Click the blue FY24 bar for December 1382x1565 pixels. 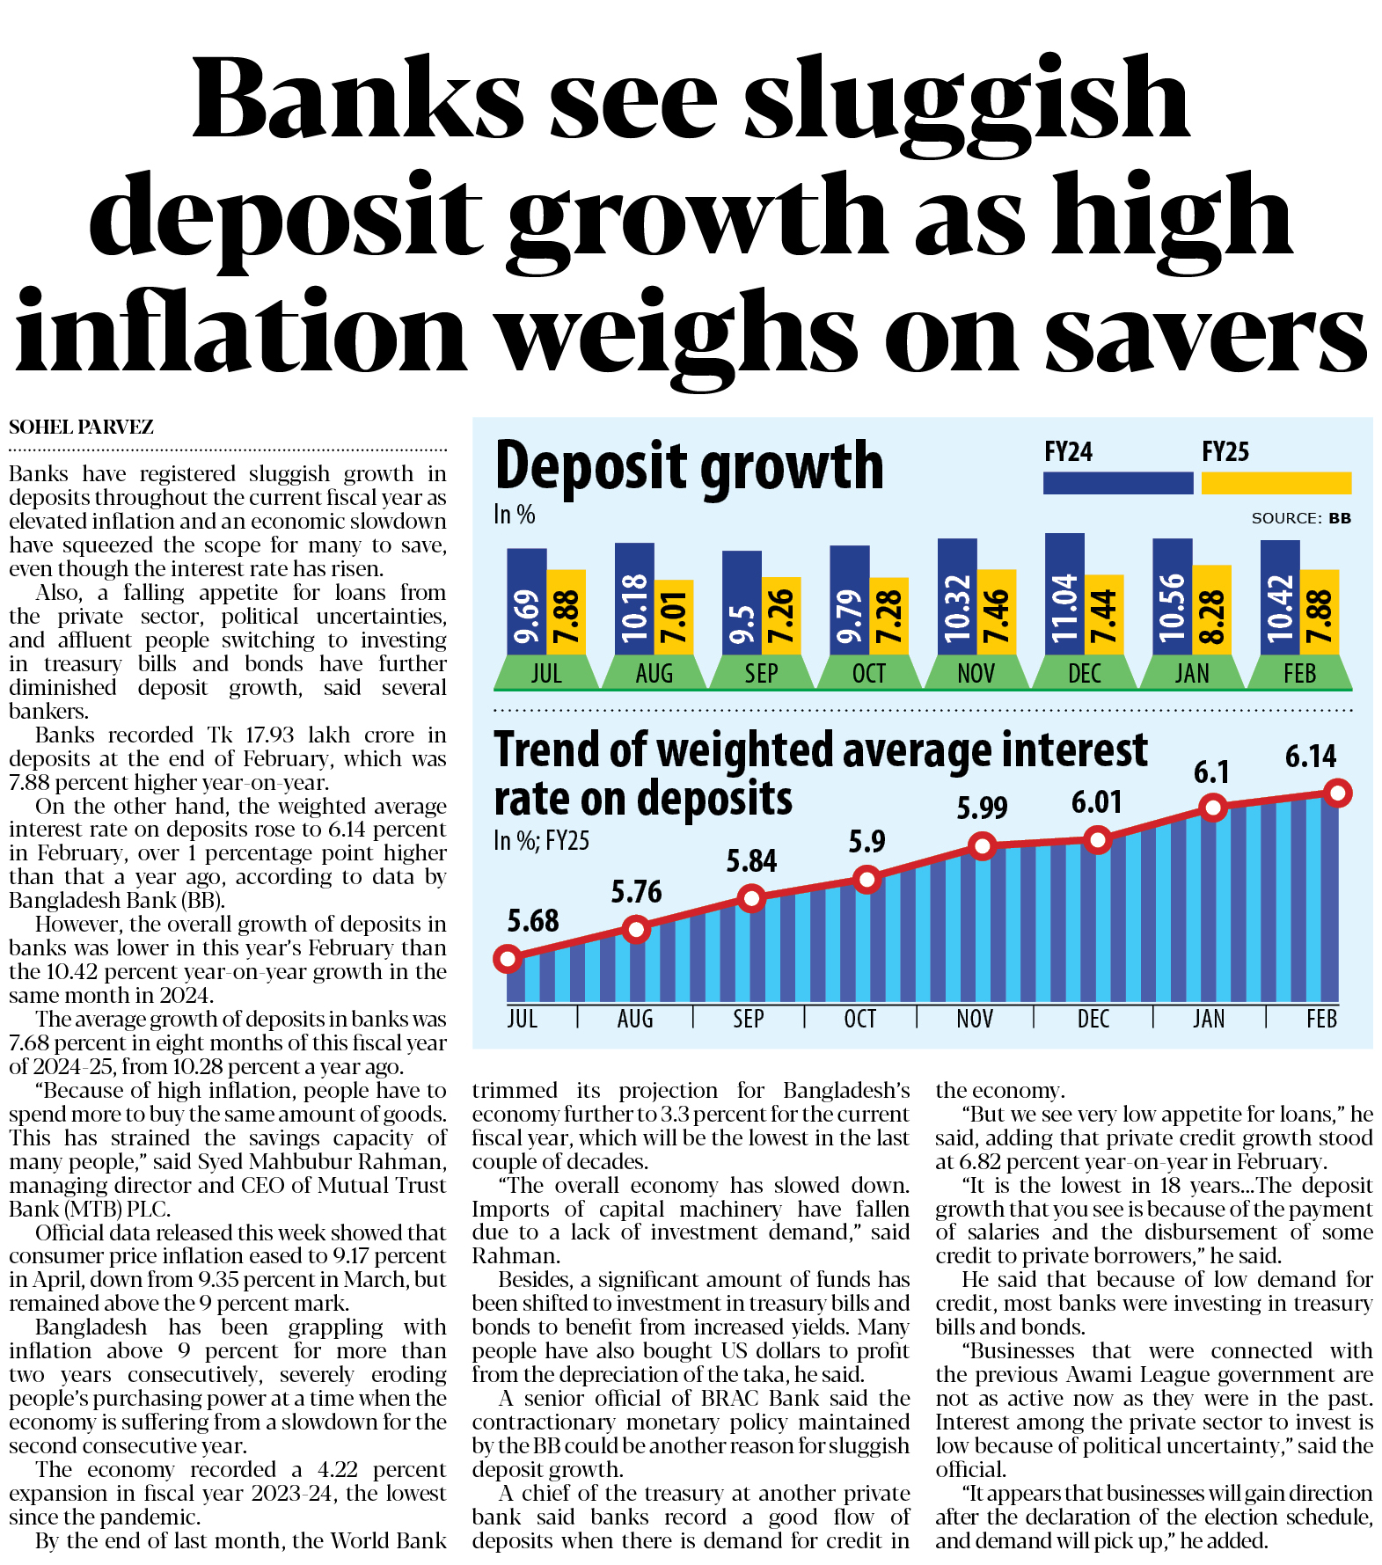1064,594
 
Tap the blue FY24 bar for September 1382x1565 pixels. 742,603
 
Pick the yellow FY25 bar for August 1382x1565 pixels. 674,617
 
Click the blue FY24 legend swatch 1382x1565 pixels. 1117,483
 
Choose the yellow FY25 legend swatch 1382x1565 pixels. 1276,483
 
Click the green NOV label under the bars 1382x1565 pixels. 976,674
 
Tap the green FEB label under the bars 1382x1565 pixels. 1299,674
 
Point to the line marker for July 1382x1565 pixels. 508,958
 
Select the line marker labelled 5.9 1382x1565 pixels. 867,879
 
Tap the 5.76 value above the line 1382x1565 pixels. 636,892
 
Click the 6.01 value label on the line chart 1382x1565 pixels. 1096,802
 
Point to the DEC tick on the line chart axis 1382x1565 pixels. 1093,1019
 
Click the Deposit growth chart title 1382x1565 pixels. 689,466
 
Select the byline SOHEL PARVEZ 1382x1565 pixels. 81,428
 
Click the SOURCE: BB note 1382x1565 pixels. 1300,518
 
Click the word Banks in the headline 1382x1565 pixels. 358,99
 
